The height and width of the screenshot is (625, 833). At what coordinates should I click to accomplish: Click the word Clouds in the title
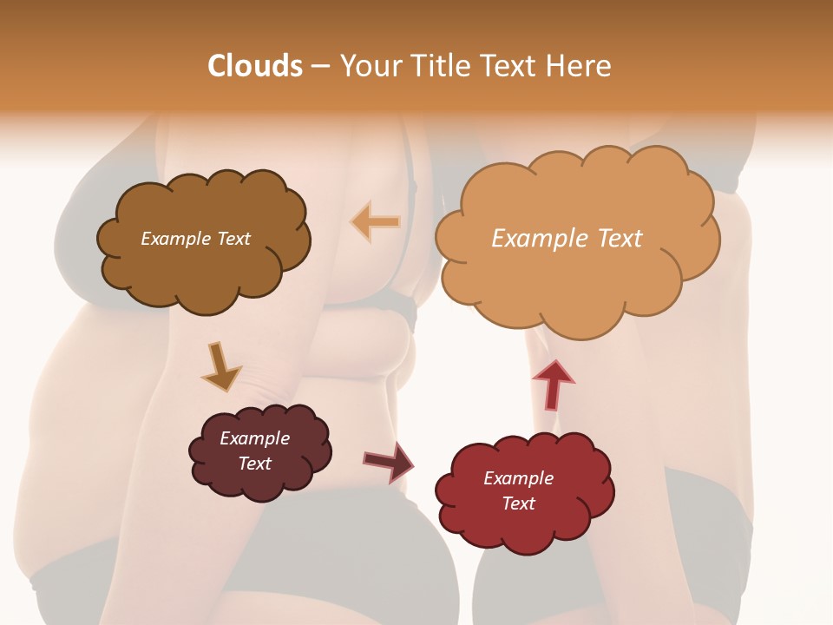point(255,66)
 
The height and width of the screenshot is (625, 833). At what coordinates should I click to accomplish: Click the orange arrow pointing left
point(375,222)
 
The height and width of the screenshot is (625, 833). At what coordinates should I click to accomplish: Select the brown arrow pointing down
point(220,367)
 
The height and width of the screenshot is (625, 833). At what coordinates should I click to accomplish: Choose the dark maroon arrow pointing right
point(388,461)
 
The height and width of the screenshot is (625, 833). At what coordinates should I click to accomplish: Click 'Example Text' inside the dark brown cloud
point(195,239)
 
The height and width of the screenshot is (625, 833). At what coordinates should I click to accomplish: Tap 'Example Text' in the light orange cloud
point(567,239)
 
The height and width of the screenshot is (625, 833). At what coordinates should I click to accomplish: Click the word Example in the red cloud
point(518,478)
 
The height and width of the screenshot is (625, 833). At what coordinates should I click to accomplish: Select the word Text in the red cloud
point(518,503)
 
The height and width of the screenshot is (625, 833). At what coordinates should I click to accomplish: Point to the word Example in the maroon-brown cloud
point(254,438)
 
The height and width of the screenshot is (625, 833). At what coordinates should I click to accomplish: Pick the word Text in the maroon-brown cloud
point(254,464)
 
